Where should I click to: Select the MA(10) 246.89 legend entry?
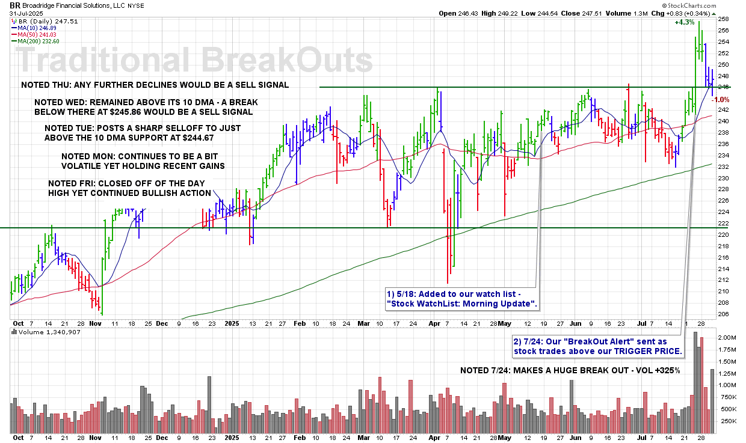coord(42,27)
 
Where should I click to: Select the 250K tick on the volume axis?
coord(726,421)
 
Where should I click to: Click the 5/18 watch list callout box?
coord(461,299)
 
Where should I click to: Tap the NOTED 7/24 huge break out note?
coord(570,370)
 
